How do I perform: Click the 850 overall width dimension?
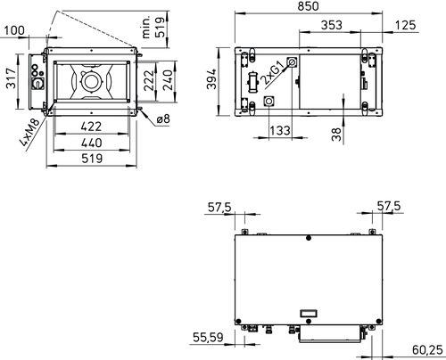(x=308, y=6)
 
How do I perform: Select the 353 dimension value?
(x=332, y=25)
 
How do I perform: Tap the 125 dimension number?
(x=405, y=25)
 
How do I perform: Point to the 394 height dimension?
(x=211, y=79)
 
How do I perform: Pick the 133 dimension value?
(x=280, y=130)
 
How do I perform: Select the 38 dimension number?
(x=336, y=135)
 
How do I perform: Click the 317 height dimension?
(x=12, y=78)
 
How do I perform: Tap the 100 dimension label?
(x=14, y=30)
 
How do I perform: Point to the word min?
(x=146, y=28)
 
